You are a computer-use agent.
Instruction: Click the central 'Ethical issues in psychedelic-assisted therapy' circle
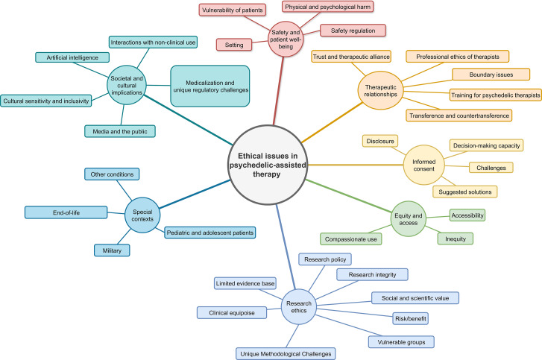point(268,165)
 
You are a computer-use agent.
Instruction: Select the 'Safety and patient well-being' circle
point(286,39)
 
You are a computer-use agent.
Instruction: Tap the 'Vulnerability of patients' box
point(233,10)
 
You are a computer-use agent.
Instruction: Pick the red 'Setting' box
point(234,45)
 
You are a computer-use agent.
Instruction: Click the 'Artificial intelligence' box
point(72,57)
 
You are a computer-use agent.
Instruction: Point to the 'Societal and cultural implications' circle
point(127,85)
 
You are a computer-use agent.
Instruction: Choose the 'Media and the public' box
point(120,131)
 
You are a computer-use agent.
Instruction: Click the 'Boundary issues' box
point(491,75)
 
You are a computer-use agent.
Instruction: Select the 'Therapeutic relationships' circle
point(380,90)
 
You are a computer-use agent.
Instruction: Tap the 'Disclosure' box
point(380,141)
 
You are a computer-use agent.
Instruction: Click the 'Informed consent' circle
point(423,165)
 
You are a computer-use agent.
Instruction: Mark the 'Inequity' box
point(456,239)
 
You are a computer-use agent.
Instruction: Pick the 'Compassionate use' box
point(351,239)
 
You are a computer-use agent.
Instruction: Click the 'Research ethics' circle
point(299,307)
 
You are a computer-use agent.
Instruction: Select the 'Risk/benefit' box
point(411,318)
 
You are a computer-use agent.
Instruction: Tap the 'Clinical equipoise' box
point(232,312)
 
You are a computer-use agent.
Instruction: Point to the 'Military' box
point(112,250)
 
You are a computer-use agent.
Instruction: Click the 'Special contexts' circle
point(142,215)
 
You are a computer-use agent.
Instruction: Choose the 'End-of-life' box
point(66,212)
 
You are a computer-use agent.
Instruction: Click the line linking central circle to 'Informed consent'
point(356,165)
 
